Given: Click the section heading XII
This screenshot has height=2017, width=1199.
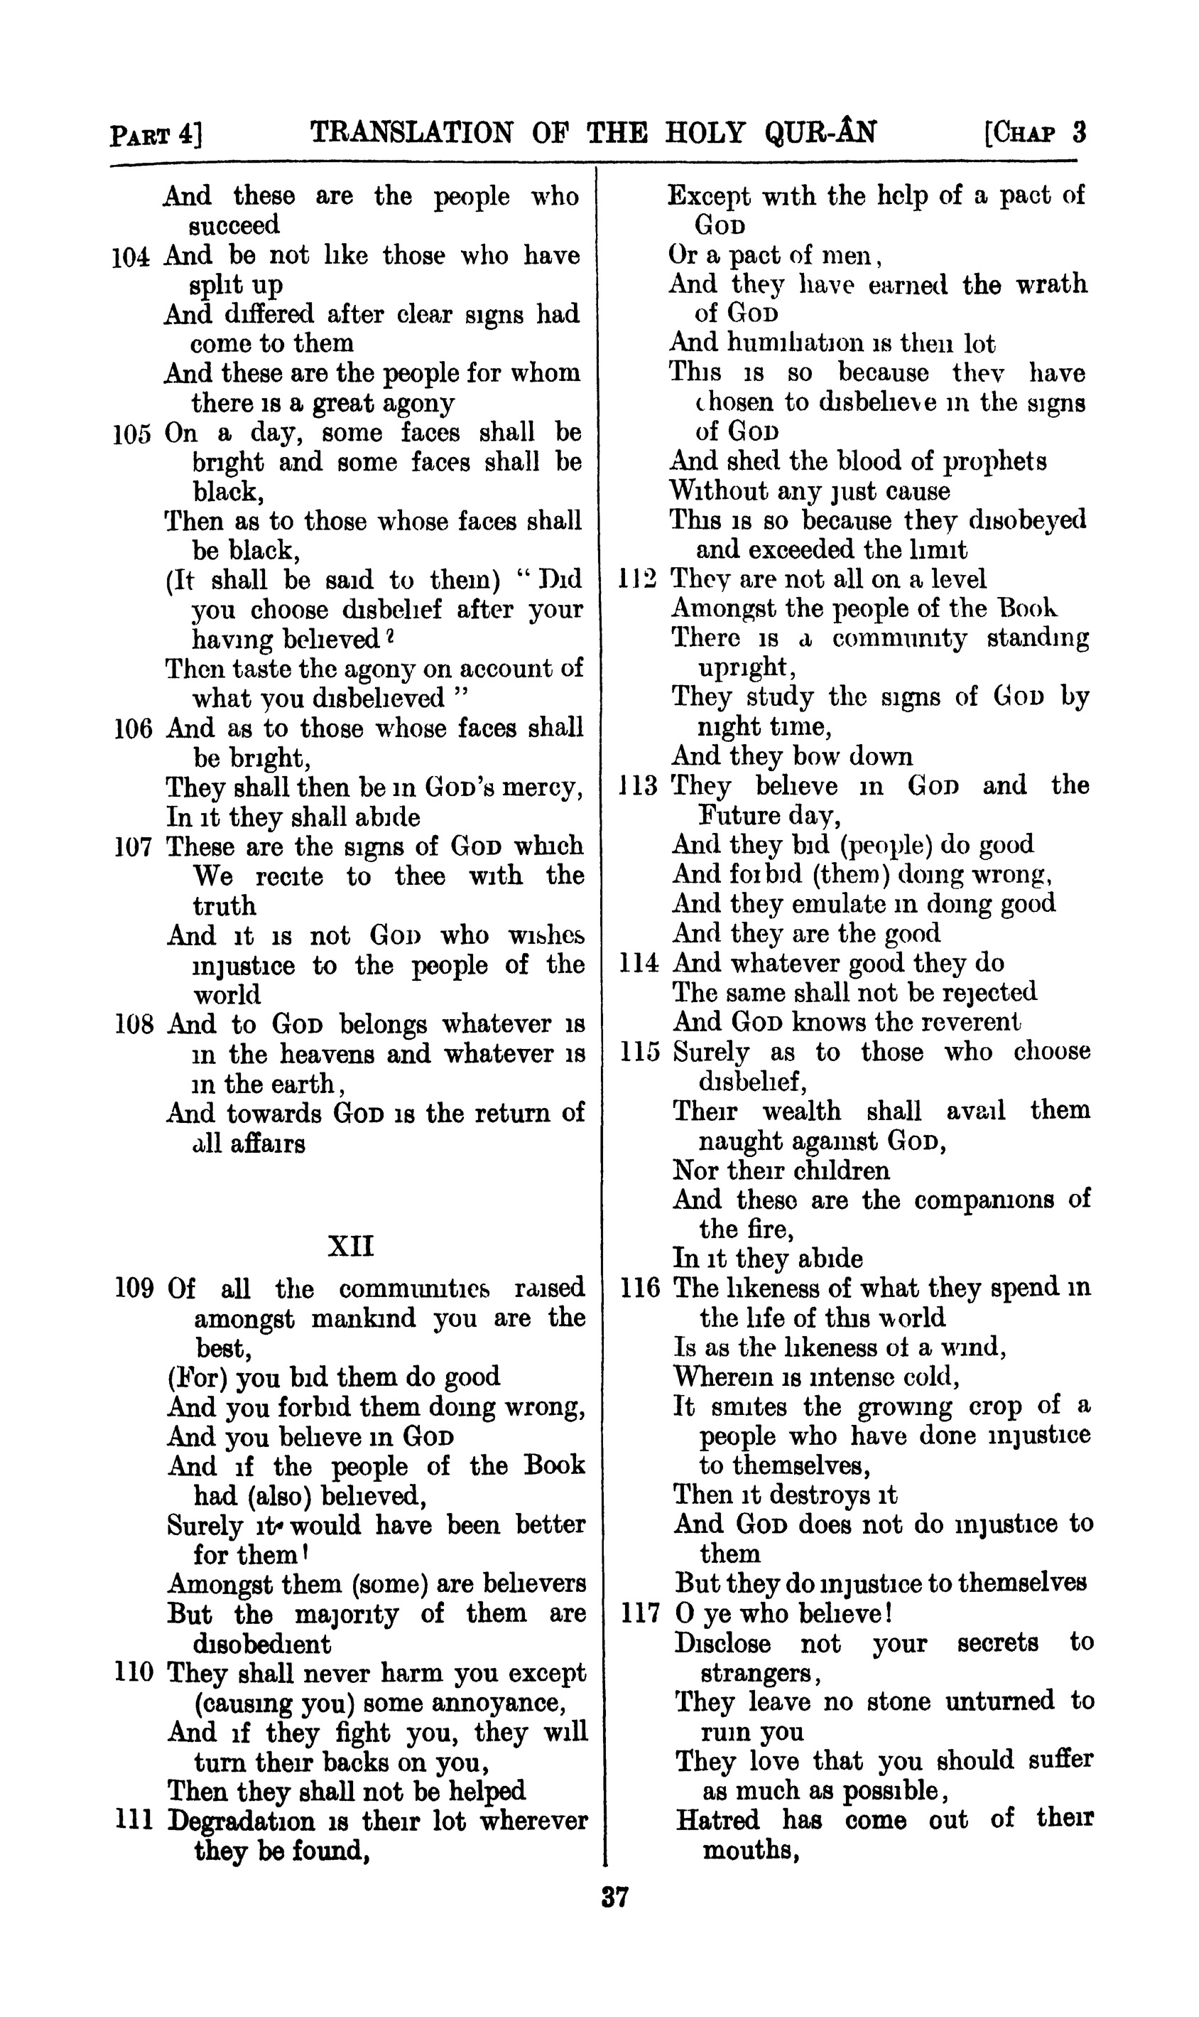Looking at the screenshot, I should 352,1246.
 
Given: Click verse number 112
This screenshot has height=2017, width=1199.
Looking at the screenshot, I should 639,579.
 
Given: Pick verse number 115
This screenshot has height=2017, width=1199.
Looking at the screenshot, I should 641,1053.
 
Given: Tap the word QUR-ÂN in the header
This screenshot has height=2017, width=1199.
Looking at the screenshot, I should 820,131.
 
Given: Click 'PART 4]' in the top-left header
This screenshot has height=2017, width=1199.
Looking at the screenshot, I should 156,134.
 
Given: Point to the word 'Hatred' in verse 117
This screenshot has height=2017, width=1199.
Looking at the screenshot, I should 717,1819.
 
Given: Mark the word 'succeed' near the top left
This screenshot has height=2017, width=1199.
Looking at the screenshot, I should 234,225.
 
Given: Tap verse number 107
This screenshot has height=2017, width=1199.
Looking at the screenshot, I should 134,847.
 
